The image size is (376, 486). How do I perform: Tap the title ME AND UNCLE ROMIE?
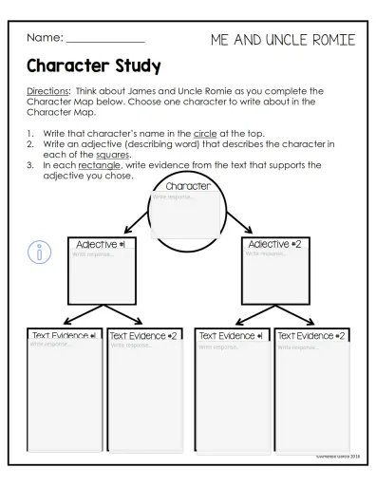pos(283,40)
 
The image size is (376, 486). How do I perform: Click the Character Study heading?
pos(93,67)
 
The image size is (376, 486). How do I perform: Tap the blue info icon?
pos(39,252)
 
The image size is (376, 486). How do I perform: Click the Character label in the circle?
pos(187,186)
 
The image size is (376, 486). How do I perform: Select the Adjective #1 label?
pos(100,244)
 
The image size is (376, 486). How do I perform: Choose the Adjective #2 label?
pos(275,244)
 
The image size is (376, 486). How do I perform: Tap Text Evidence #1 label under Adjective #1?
pos(65,336)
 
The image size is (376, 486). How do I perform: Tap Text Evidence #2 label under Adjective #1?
pos(143,336)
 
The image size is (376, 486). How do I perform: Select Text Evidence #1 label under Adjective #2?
pos(231,336)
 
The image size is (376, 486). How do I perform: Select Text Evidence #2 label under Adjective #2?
pos(310,336)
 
